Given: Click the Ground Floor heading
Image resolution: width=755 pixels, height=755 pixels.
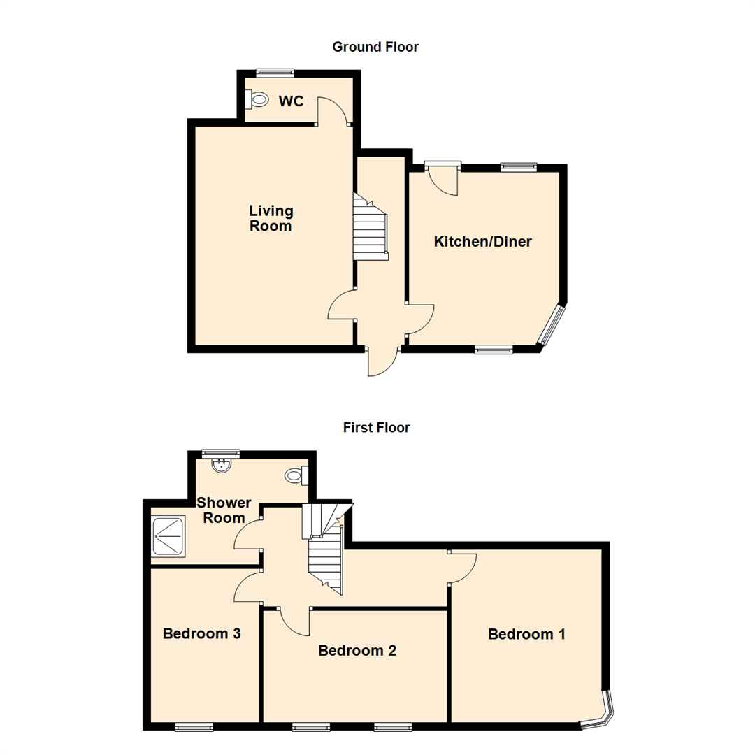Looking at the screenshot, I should pos(375,48).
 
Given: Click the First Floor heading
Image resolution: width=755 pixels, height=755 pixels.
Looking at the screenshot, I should pos(376,427).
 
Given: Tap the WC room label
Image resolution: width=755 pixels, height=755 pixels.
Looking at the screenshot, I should pos(291,101).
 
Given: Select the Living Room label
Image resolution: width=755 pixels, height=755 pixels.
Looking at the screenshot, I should pos(271,218).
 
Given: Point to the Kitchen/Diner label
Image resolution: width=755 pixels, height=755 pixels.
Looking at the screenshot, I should pos(483,242).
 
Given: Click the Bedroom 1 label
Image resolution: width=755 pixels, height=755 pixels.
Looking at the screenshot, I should pos(526,634).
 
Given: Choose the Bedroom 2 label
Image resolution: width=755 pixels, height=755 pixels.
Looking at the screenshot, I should pos(357,651).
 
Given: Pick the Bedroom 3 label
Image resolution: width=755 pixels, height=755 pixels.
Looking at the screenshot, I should pos(202,634).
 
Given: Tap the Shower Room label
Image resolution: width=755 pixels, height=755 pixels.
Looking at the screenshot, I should pos(224,510).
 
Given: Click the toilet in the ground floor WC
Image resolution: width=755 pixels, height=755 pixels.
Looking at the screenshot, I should pos(257,100).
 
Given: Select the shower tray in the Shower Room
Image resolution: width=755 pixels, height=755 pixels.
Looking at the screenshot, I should pos(168,536).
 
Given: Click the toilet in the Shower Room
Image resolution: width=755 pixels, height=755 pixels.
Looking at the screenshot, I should pos(296,476).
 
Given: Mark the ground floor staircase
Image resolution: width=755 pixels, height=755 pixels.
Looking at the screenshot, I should pos(369,228).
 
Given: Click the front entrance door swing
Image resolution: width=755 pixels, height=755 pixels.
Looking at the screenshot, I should pos(382,361).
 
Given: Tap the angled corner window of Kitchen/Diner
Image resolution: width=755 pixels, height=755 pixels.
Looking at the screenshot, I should pos(552,324).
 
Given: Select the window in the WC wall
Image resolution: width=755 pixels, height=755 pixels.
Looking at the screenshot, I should pos(275,72).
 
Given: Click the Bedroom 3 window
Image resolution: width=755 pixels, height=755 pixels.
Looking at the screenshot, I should pos(194,728).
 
